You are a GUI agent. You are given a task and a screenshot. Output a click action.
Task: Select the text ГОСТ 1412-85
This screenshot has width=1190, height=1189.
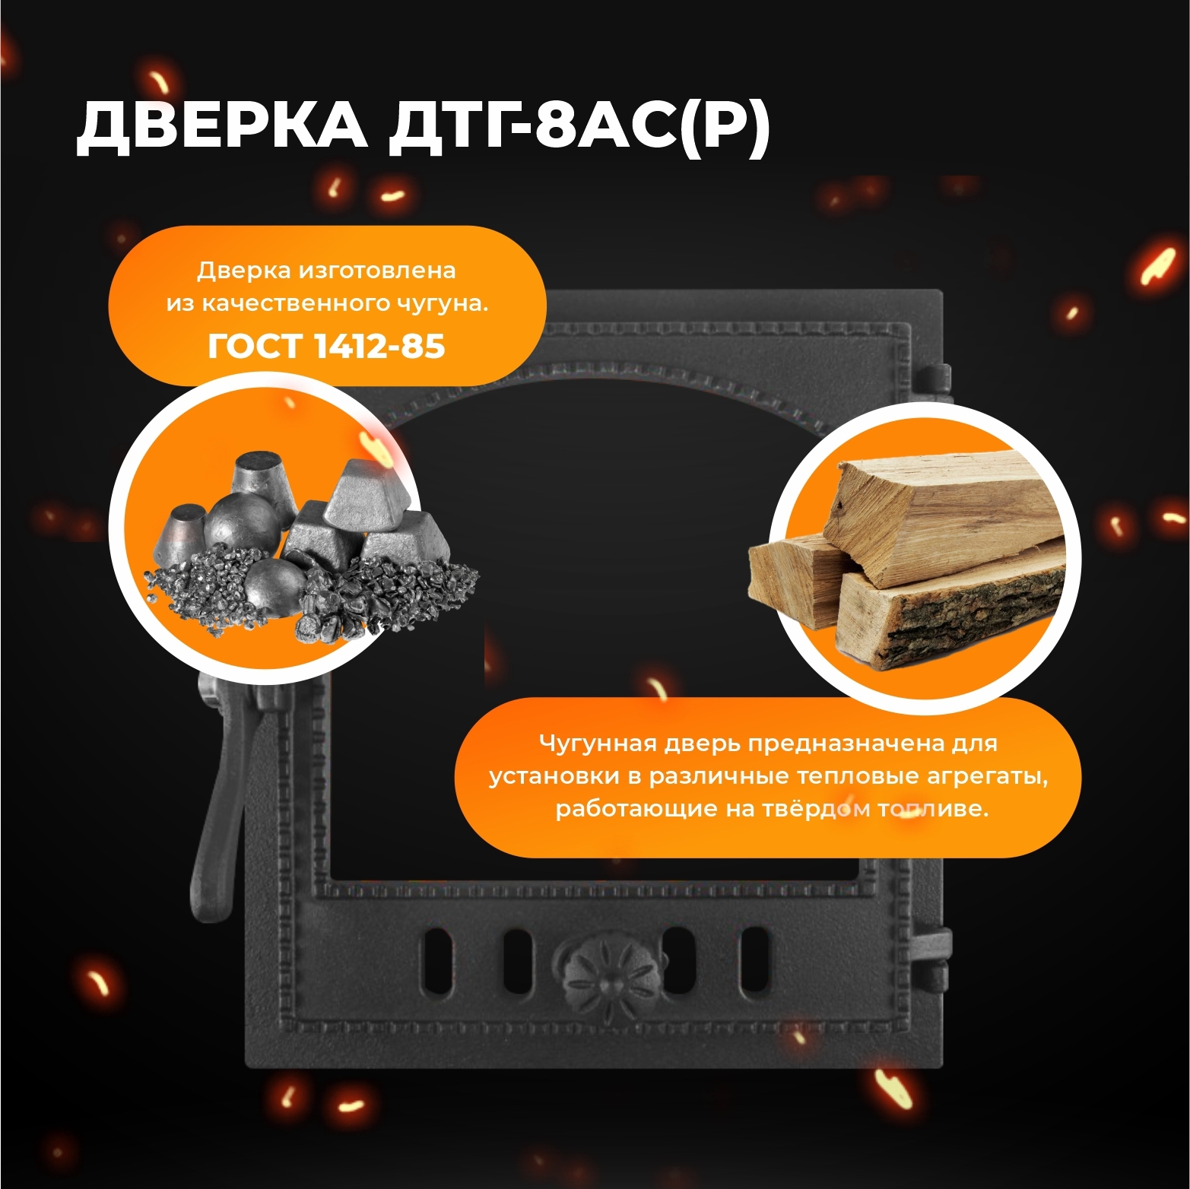coord(326,346)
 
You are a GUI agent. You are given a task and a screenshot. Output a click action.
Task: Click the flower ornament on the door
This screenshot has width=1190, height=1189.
coord(600,972)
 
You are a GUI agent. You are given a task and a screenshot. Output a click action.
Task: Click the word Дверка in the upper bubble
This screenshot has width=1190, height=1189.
coord(243,271)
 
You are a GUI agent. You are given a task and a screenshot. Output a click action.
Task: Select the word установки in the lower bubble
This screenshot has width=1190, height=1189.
coord(553,777)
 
